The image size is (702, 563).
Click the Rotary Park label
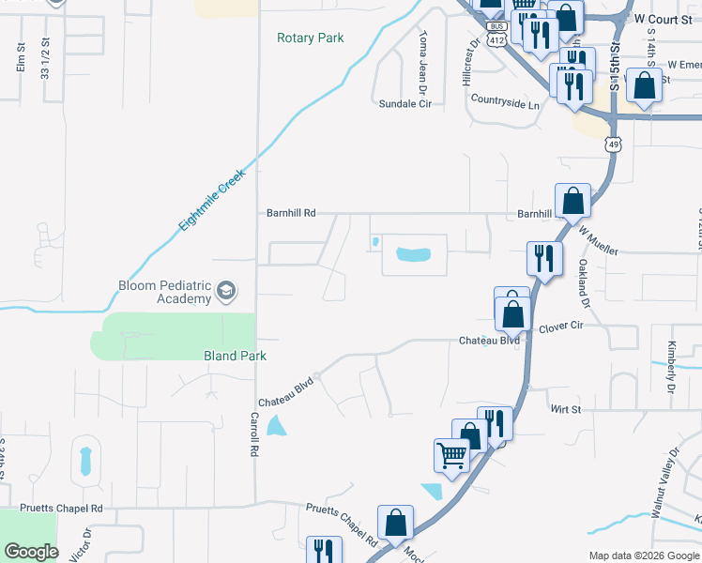311,38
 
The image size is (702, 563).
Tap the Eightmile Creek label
212,201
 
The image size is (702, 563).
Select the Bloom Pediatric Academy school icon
225,292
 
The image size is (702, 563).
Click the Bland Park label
236,356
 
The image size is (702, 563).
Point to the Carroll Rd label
253,433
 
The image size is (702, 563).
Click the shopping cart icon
451,455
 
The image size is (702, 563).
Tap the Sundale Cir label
404,103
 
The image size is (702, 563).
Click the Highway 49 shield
613,145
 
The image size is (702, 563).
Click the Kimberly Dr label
672,368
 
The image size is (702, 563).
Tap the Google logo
32,552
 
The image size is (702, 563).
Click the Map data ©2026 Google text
643,555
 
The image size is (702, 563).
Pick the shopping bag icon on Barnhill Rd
572,200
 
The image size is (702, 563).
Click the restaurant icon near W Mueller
544,257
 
